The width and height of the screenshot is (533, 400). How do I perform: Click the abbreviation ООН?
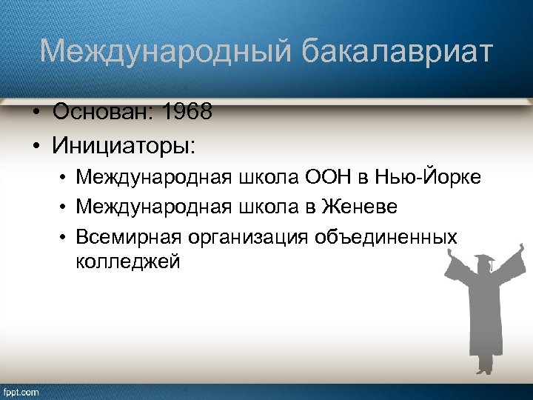point(347,178)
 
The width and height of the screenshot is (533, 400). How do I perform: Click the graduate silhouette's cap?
point(486,261)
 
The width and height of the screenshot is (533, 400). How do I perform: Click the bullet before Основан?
point(36,113)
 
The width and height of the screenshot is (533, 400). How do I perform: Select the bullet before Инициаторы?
point(36,144)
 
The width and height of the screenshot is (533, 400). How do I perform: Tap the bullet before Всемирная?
point(65,237)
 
